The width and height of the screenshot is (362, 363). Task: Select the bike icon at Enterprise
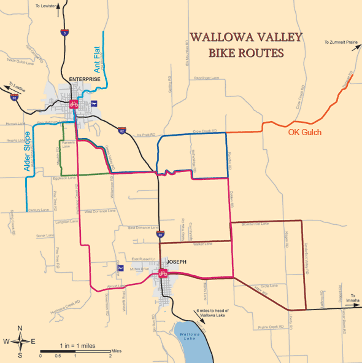click(x=73, y=104)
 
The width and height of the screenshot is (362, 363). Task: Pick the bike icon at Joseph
click(x=163, y=273)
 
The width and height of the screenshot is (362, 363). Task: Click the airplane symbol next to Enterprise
click(x=95, y=103)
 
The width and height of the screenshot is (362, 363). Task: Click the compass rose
click(x=20, y=341)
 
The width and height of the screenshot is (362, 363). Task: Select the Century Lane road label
click(x=38, y=209)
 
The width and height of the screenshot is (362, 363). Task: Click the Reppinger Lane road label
click(x=207, y=78)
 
